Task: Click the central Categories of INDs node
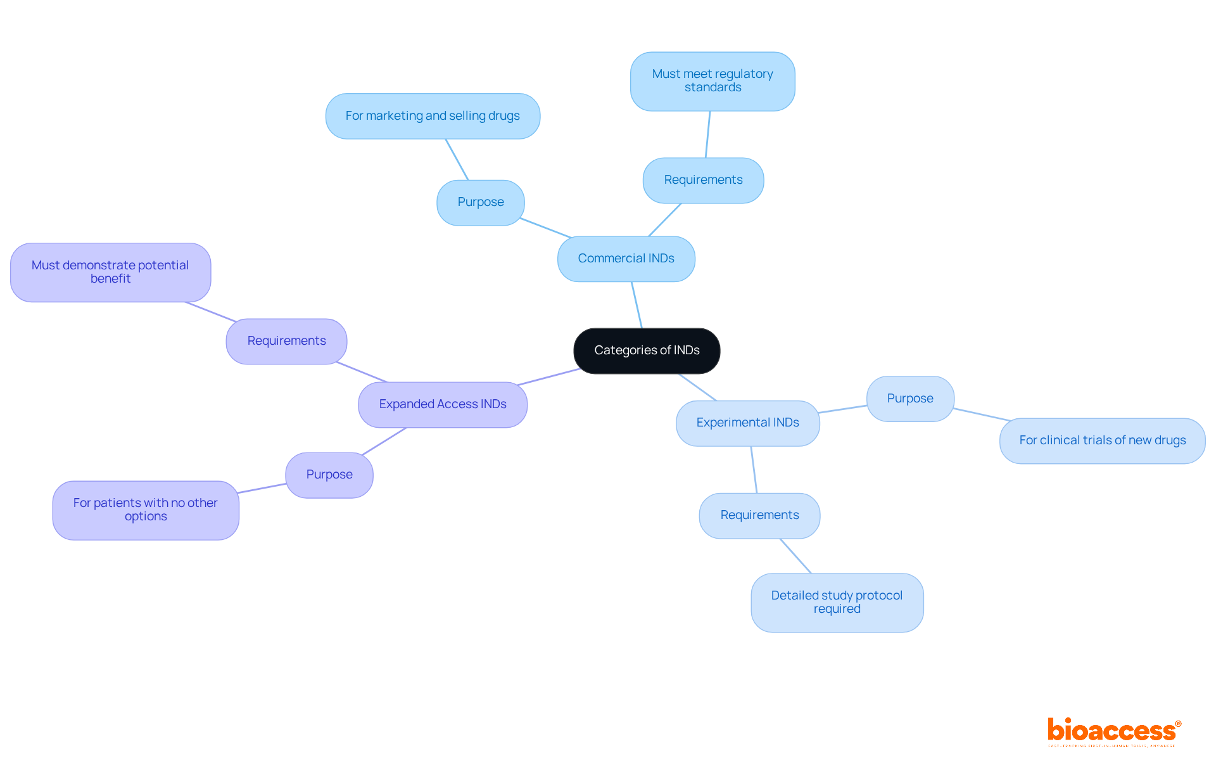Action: click(647, 350)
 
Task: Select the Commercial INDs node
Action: click(626, 259)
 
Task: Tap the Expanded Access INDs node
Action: click(443, 404)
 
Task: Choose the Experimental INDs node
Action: click(747, 423)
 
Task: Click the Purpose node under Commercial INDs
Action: click(481, 202)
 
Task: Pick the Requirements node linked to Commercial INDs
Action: click(703, 180)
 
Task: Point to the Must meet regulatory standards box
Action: click(712, 81)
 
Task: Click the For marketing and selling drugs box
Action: click(433, 116)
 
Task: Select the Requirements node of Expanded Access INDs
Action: click(286, 341)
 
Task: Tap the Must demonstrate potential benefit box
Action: click(110, 272)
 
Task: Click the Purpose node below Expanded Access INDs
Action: click(329, 475)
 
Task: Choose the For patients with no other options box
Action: click(146, 510)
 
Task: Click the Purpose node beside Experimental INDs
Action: click(910, 399)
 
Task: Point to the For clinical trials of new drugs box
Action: click(1102, 440)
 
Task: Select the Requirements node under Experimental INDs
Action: click(759, 515)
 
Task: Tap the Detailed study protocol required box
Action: click(837, 602)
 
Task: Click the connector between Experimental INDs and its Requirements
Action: click(754, 470)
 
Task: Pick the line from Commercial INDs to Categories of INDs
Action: click(636, 305)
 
